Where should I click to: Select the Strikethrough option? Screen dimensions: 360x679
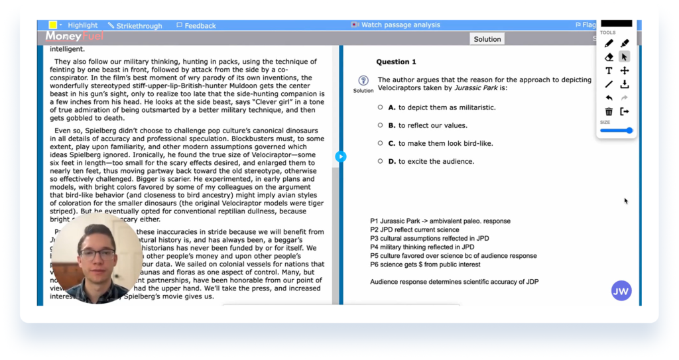click(135, 26)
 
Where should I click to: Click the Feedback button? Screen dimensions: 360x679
click(196, 26)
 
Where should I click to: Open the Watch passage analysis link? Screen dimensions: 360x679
click(396, 25)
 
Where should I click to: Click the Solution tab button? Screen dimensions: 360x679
click(487, 39)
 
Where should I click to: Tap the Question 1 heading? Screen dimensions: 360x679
click(396, 62)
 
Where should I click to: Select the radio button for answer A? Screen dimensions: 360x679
click(381, 107)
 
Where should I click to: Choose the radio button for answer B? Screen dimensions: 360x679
click(381, 125)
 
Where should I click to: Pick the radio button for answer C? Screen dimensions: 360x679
click(381, 143)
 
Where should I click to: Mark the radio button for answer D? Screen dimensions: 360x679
click(381, 161)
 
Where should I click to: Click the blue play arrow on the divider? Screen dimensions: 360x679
click(340, 156)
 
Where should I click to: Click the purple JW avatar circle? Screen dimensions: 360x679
click(621, 290)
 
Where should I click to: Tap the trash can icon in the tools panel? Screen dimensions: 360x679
click(609, 111)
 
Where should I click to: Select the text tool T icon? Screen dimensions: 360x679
click(609, 70)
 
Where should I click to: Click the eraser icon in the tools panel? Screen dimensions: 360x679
click(609, 57)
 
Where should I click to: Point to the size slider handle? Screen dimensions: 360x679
click(629, 131)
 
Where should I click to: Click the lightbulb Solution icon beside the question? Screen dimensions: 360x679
click(363, 81)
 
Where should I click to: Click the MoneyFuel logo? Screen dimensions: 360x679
click(74, 37)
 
